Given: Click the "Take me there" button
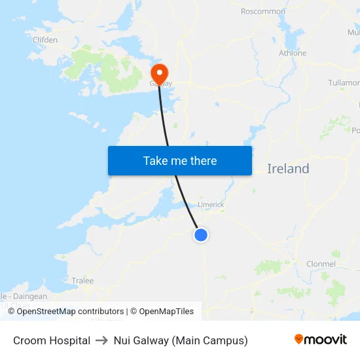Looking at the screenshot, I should coord(180,160).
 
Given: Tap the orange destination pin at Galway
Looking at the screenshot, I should coord(159,73).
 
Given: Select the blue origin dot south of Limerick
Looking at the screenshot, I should coord(201,234).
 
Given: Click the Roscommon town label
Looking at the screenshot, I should coord(263,11).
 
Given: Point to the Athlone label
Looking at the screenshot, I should coord(293,53).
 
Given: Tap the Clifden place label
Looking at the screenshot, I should coord(45,40).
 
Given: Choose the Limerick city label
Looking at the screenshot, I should coord(211,205).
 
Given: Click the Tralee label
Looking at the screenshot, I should coord(82,281).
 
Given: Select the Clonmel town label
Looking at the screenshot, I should coord(321,264).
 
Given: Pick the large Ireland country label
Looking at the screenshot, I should coord(288,169).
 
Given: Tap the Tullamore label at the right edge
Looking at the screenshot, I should coord(344,83).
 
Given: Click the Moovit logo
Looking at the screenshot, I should coord(321,340).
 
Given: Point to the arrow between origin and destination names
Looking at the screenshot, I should coord(102,340).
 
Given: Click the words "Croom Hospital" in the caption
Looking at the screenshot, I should coord(52,340).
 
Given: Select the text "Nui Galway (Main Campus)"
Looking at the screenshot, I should coord(181,340).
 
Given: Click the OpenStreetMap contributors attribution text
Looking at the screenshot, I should coord(70,312).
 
